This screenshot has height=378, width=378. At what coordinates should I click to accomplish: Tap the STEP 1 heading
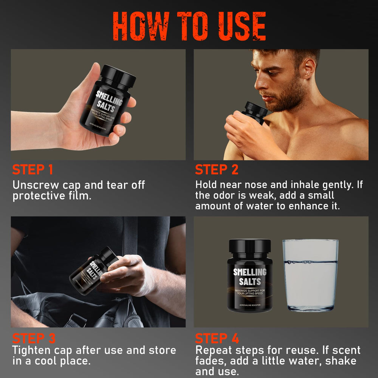(33, 170)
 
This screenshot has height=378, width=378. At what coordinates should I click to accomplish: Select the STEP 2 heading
(217, 170)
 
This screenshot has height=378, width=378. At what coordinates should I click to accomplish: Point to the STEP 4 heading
(217, 338)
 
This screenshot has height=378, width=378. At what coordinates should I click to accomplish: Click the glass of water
(310, 276)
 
